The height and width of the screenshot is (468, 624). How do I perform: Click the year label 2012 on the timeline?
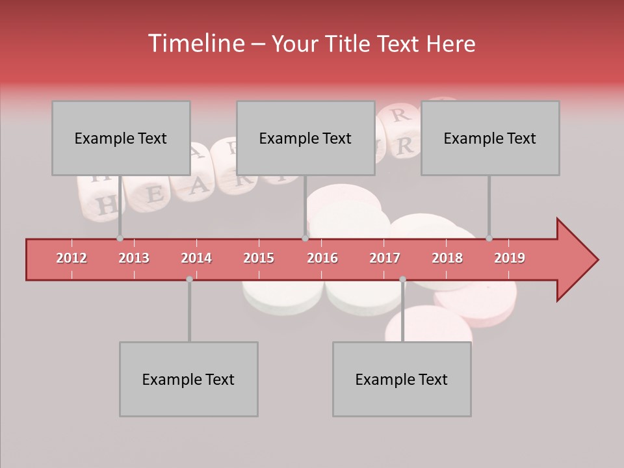pos(71,258)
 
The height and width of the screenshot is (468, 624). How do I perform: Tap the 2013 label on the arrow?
pos(134,258)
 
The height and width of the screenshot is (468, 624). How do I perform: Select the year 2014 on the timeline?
pos(196,258)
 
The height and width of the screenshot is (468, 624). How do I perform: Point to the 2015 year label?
pos(259,258)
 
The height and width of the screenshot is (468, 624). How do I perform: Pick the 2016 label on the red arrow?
pos(322,258)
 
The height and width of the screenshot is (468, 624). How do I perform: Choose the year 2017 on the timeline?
pos(385,258)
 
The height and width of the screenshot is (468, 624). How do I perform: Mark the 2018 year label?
pos(447,258)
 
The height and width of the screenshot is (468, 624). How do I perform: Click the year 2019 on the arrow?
pos(510,258)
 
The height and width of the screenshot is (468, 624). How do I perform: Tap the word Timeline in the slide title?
pos(195,44)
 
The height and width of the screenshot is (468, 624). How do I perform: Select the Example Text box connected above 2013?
pos(121,138)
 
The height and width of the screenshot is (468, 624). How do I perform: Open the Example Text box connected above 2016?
pos(305,138)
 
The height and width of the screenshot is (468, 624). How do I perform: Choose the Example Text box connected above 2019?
pos(490,138)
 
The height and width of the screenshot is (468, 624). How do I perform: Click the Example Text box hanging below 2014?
pos(188,379)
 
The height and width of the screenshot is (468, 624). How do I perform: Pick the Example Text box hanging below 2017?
pos(402,379)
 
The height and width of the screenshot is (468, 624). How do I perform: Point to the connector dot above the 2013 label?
pos(120,239)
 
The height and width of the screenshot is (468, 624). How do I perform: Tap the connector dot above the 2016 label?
pos(305,239)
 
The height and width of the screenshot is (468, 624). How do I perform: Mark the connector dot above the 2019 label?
pos(489,239)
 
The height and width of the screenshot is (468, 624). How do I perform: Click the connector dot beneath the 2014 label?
pos(189,279)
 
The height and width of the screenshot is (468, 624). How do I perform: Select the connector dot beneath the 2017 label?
pos(402,279)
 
